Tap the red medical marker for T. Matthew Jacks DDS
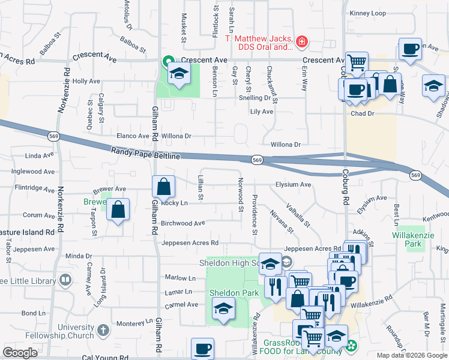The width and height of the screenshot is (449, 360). [302, 42]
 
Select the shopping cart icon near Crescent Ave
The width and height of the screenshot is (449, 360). [357, 61]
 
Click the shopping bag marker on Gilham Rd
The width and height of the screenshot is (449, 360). [163, 188]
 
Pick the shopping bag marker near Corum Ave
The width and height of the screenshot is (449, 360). [118, 210]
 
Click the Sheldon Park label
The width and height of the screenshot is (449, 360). [234, 293]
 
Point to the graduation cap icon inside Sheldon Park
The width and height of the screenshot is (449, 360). [223, 309]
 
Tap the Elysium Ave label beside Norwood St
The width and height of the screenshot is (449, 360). [293, 185]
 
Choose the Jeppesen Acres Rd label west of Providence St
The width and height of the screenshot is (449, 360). [189, 243]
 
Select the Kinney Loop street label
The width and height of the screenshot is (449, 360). [367, 13]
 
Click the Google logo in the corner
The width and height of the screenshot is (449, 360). [20, 353]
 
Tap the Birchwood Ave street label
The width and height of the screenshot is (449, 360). [183, 223]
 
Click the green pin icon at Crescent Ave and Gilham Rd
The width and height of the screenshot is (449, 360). [167, 61]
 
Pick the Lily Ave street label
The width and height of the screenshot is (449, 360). [262, 112]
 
